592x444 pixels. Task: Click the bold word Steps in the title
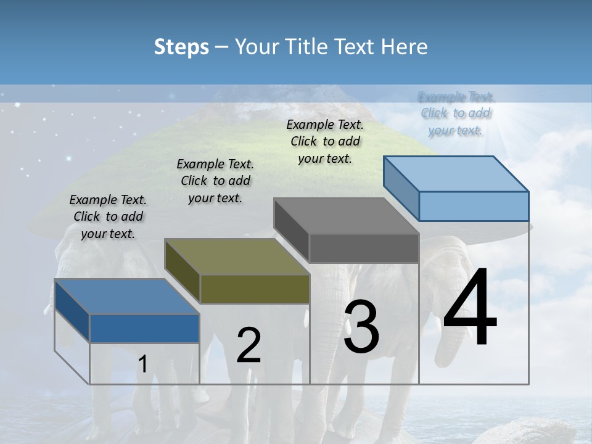(x=181, y=47)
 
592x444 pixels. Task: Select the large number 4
(x=469, y=308)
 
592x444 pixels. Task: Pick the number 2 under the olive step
(x=249, y=346)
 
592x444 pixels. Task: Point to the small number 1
(x=142, y=364)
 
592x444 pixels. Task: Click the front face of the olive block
(x=255, y=289)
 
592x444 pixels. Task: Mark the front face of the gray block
(x=364, y=249)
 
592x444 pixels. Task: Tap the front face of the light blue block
(x=474, y=206)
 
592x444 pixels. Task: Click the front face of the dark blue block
(x=144, y=329)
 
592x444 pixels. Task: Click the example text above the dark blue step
(x=108, y=216)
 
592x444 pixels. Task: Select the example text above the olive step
(x=215, y=181)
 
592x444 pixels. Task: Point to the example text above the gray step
(x=325, y=141)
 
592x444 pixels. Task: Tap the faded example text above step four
(x=456, y=113)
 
